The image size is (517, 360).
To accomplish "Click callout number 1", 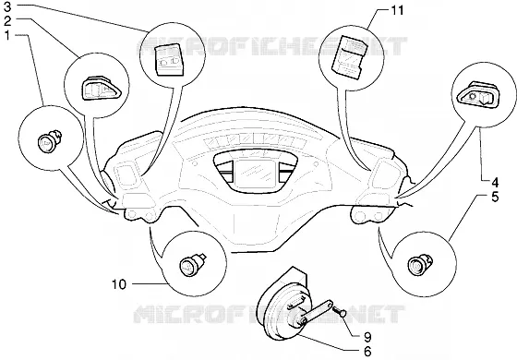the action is point(7,35).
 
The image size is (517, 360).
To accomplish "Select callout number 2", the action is point(7,21).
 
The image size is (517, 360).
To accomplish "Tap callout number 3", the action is point(7,7).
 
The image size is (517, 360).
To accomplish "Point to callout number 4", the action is point(495,183).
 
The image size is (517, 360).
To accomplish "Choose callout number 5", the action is point(495,197).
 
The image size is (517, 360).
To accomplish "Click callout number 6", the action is point(367,352).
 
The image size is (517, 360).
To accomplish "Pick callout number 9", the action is point(367,337).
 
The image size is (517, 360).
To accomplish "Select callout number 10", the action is point(119,284).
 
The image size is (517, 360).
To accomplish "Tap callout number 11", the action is point(397,10).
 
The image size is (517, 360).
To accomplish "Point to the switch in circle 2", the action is point(101,88).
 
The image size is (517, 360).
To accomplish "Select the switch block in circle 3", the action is point(168,59).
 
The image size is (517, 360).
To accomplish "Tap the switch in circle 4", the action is point(475,93).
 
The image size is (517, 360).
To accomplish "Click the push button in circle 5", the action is point(420,263).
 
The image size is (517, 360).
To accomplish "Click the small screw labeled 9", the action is point(341,312).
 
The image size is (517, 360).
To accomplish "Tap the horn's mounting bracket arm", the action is point(319,311).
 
